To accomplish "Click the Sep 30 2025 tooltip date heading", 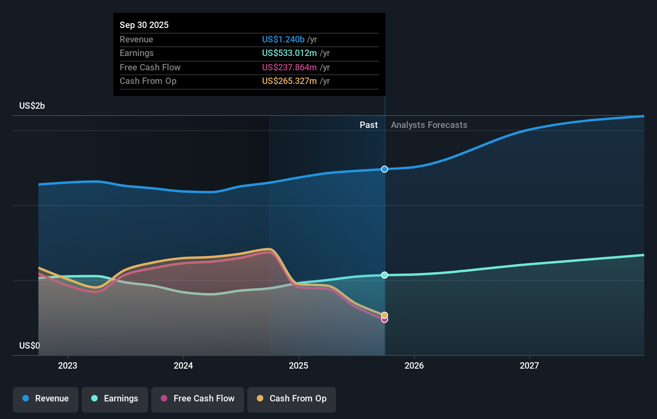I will (144, 25).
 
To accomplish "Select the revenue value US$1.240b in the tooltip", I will (283, 39).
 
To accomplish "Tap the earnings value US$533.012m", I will (289, 53).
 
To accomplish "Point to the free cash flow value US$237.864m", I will (289, 67).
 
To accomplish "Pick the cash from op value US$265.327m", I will (289, 81).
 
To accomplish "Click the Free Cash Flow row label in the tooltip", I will (150, 67).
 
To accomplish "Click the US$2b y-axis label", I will (32, 106).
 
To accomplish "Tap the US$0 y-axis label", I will (29, 345).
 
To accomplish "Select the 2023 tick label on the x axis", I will (68, 365).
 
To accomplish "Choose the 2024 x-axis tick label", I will (183, 365).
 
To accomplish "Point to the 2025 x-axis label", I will (298, 365).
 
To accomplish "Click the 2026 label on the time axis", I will (414, 365).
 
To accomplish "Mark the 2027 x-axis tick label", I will (529, 365).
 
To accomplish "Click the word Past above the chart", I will (369, 125).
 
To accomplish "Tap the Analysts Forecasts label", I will (429, 125).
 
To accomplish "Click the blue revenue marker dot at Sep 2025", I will (385, 169).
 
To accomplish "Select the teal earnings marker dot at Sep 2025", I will (385, 275).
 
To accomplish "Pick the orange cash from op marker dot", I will (385, 315).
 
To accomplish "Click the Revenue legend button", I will (46, 399).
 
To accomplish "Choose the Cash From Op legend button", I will (292, 399).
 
